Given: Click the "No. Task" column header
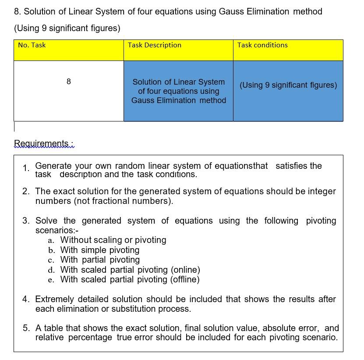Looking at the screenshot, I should pyautogui.click(x=32, y=45).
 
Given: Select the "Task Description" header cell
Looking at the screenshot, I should pyautogui.click(x=154, y=45).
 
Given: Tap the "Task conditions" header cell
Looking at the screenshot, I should pyautogui.click(x=262, y=45).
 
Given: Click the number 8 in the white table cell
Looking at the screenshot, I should pyautogui.click(x=69, y=82).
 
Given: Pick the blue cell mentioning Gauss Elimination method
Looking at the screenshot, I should pyautogui.click(x=179, y=91).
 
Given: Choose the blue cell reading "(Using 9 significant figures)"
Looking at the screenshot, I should pyautogui.click(x=288, y=85).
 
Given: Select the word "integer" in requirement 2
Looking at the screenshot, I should pyautogui.click(x=321, y=191).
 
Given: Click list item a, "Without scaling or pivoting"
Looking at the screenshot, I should pyautogui.click(x=113, y=240).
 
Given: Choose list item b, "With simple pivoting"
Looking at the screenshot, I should pyautogui.click(x=100, y=250).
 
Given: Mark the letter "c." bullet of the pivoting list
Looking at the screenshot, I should pyautogui.click(x=51, y=260).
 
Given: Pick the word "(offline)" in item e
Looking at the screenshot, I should pyautogui.click(x=184, y=279).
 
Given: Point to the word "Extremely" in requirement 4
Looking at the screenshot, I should pyautogui.click(x=55, y=299).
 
